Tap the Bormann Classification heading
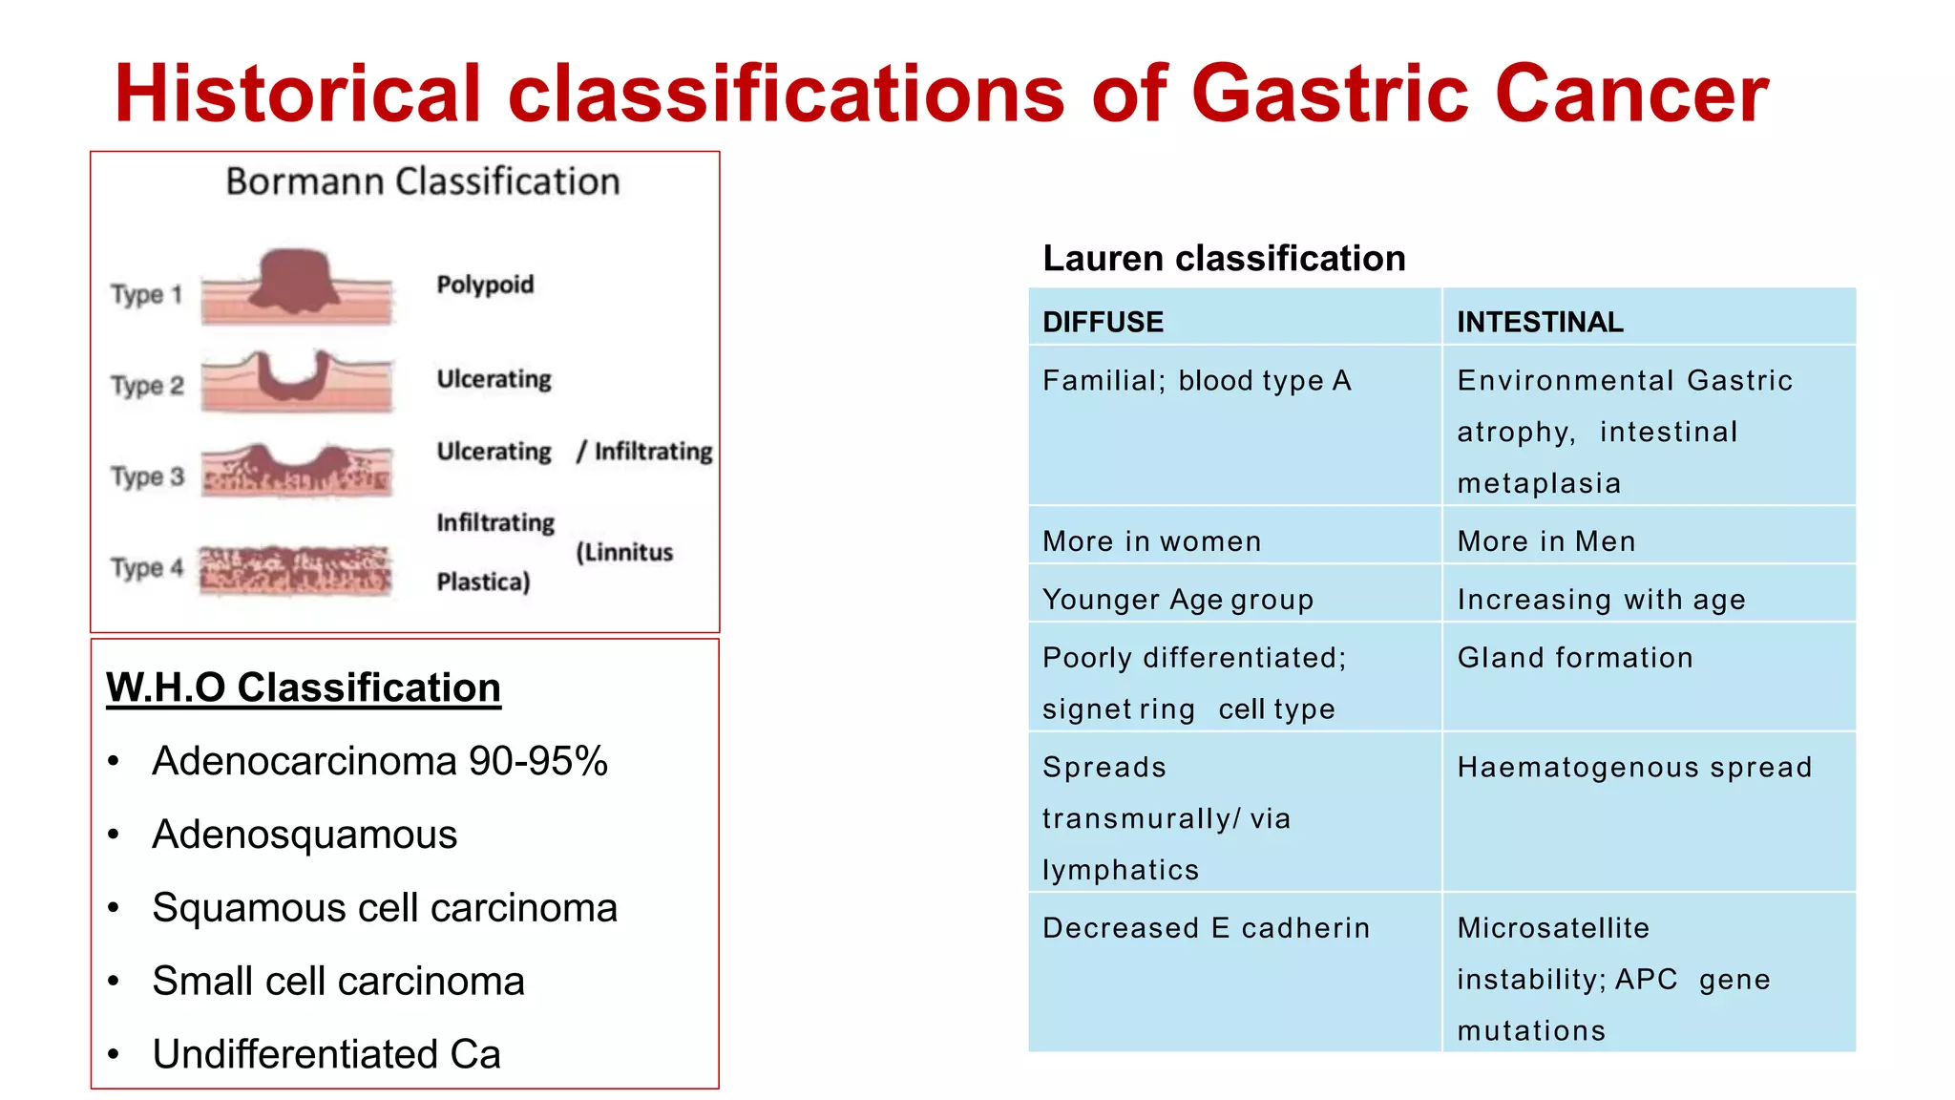(423, 181)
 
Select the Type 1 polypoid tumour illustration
(297, 285)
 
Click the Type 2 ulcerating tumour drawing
(297, 380)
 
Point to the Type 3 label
(147, 476)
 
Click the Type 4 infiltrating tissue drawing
(295, 570)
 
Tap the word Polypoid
(485, 285)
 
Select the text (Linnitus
(624, 552)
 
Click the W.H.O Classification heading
(304, 687)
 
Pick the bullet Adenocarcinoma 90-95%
(380, 761)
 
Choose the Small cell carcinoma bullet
(338, 981)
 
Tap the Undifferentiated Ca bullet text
(326, 1054)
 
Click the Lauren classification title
(1224, 258)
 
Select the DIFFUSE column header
(1103, 322)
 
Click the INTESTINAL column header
(1539, 322)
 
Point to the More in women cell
(1151, 541)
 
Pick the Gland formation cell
(1575, 658)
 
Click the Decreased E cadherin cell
(1206, 928)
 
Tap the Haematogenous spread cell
(1634, 768)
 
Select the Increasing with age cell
(1601, 600)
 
